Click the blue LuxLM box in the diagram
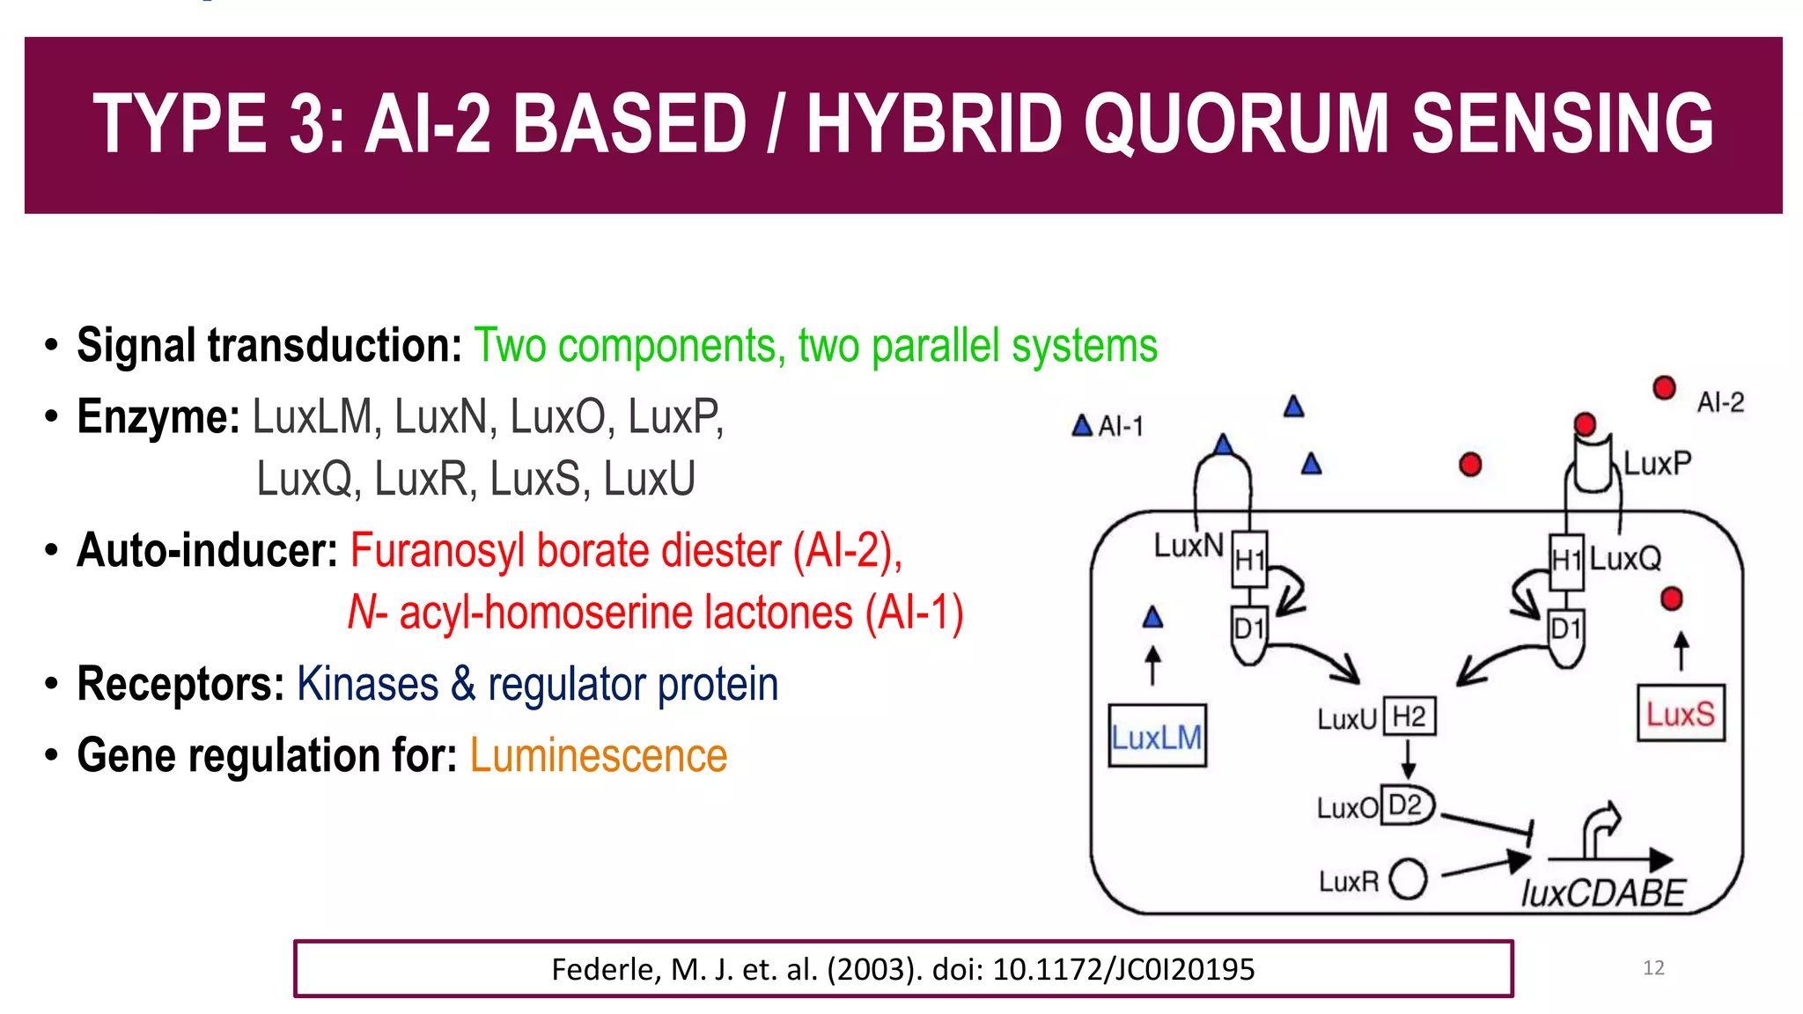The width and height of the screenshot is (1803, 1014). point(1156,736)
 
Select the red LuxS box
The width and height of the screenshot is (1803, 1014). point(1680,713)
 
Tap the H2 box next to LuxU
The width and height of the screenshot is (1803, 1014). point(1409,716)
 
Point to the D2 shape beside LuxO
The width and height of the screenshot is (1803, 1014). point(1407,805)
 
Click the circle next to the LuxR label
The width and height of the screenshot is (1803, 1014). point(1408,878)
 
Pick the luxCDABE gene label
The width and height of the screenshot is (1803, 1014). point(1602,893)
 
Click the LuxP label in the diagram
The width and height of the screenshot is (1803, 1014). point(1657,463)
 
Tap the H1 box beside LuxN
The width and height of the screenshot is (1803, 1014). point(1249,559)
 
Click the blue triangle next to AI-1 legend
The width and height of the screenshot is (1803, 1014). point(1082,426)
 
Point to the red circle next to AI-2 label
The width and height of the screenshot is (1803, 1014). point(1663,387)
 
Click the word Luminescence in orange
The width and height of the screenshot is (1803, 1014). point(599,755)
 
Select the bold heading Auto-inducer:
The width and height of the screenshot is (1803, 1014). point(207,550)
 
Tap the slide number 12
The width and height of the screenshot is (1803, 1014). point(1653,967)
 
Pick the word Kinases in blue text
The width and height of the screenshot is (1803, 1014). point(367,684)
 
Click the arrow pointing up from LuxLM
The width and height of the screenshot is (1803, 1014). point(1152,665)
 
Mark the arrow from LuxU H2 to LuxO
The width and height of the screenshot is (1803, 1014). point(1408,758)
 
